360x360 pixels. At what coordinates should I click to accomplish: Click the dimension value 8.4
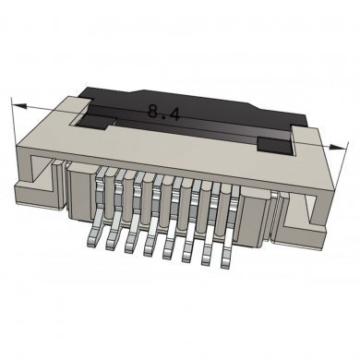[164, 114]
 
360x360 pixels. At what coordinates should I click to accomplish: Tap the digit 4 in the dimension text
[174, 114]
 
